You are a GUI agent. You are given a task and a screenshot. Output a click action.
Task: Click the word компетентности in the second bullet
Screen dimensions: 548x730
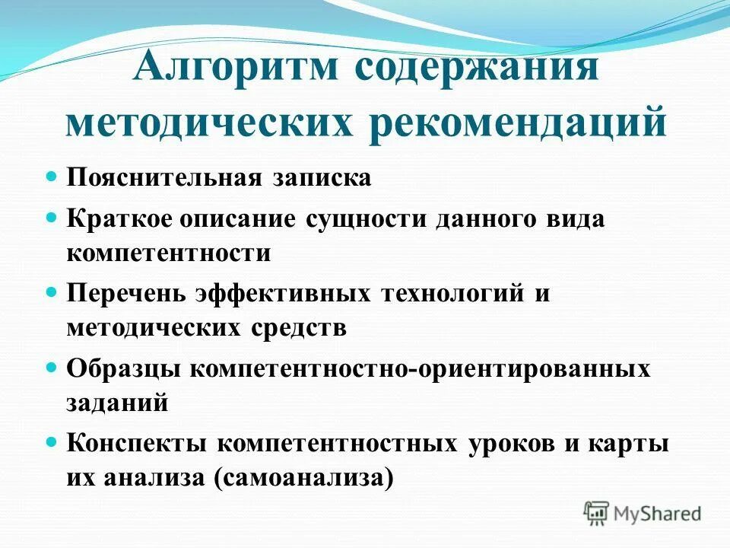[169, 253]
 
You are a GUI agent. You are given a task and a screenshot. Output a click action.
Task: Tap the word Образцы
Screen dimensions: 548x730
[123, 369]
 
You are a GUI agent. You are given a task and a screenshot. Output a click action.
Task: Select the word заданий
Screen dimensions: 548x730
[117, 403]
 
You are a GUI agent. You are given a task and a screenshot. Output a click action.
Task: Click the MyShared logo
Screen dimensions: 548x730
[642, 513]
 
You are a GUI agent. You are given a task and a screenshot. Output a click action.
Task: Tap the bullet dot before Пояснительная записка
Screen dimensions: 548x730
[52, 177]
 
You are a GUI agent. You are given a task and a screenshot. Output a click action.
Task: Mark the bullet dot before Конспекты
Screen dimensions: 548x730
[52, 441]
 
